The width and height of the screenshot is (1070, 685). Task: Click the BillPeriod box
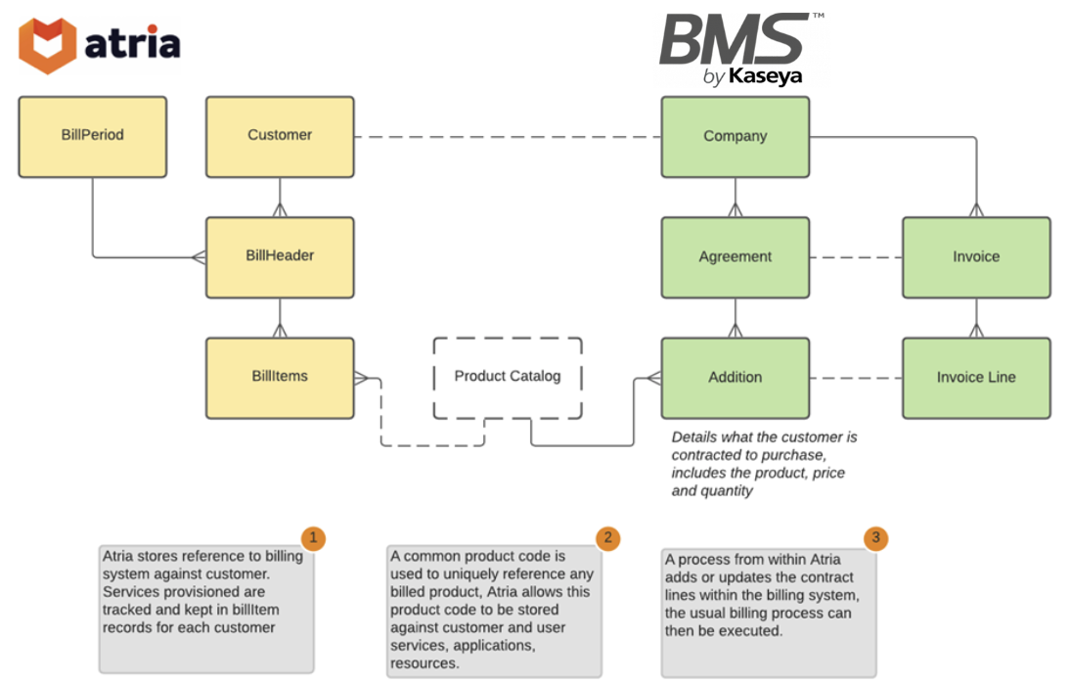pos(93,136)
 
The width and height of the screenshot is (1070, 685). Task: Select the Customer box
pos(280,136)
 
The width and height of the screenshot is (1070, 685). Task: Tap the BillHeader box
pos(280,257)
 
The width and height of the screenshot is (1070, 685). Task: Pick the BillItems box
pos(280,378)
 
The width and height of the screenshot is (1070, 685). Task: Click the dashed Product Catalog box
pos(508,377)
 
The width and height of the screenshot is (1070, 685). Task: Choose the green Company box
pos(736,137)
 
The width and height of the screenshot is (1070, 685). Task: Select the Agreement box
pos(736,257)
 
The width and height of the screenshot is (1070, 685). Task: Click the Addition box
pos(736,378)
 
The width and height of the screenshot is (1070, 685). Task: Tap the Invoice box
pos(976,257)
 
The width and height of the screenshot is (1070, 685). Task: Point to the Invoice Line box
pos(976,378)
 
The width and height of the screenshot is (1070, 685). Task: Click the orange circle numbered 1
pos(312,537)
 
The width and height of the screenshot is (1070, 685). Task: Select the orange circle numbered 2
pos(608,537)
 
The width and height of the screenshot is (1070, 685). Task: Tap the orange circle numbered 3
pos(875,537)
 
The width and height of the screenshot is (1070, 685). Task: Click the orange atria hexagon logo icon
pos(48,45)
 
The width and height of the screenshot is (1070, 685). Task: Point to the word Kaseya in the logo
pos(765,76)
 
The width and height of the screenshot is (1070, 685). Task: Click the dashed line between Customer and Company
pos(508,137)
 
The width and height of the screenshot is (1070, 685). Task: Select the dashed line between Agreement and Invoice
pos(856,257)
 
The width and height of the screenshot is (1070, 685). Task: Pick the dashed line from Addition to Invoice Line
pos(856,378)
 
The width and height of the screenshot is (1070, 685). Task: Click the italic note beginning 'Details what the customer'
pos(763,464)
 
